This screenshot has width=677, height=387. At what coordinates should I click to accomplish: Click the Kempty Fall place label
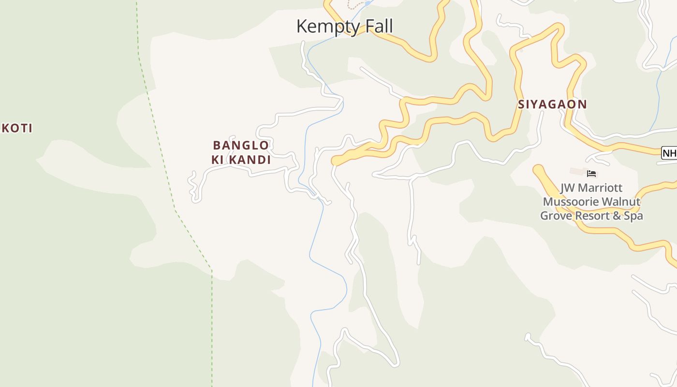pyautogui.click(x=344, y=26)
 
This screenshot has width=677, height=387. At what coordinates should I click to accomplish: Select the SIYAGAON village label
pyautogui.click(x=552, y=104)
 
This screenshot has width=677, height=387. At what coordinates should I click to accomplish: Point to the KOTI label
pyautogui.click(x=17, y=128)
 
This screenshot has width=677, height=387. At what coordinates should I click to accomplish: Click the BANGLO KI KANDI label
pyautogui.click(x=241, y=152)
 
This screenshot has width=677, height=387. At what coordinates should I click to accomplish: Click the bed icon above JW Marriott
pyautogui.click(x=591, y=173)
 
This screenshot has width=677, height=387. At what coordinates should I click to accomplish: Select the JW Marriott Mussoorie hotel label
pyautogui.click(x=591, y=201)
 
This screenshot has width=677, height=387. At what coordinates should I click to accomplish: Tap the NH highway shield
pyautogui.click(x=670, y=153)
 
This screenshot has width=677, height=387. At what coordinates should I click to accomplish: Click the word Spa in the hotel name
pyautogui.click(x=633, y=216)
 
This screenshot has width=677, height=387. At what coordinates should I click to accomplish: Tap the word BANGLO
pyautogui.click(x=241, y=145)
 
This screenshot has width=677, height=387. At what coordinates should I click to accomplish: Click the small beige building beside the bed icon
pyautogui.click(x=577, y=172)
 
